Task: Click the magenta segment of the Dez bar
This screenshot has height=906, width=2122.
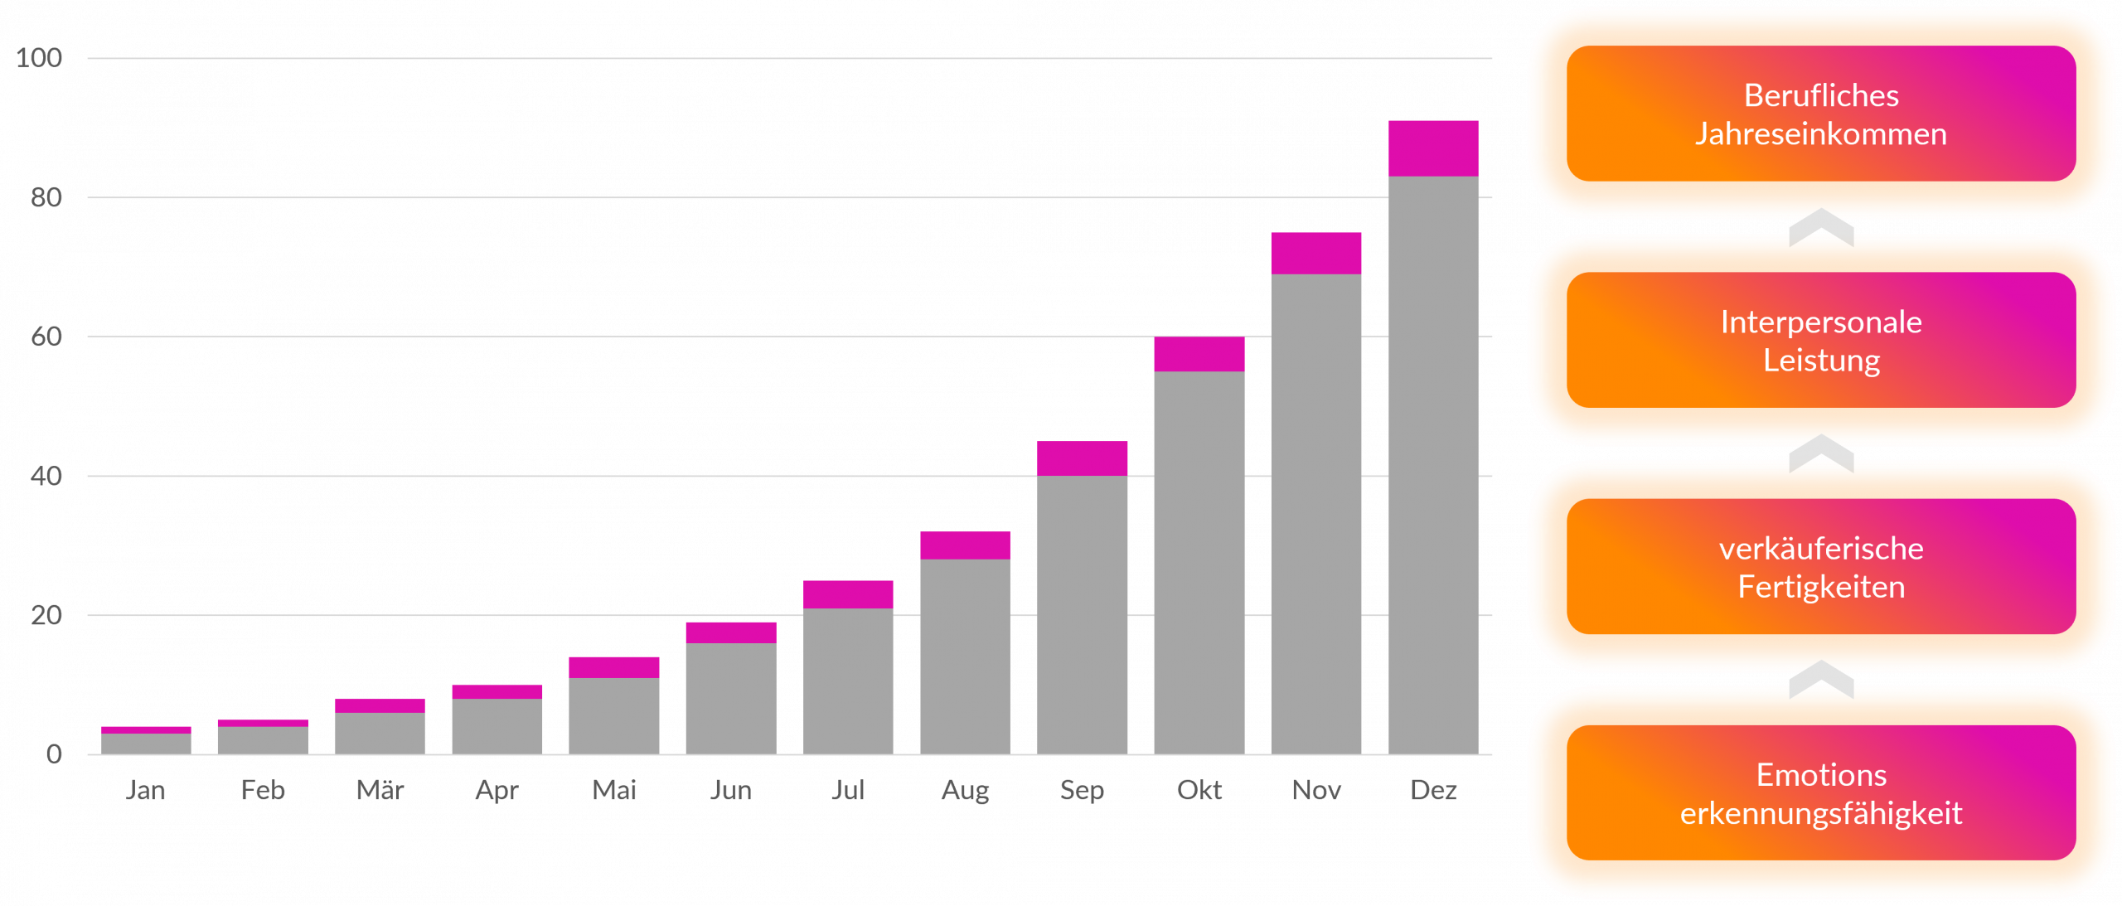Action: point(1432,148)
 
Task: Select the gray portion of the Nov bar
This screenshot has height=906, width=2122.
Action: point(1315,514)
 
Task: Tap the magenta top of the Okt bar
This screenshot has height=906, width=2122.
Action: point(1199,354)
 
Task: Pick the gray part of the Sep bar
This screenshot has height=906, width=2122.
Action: point(1082,614)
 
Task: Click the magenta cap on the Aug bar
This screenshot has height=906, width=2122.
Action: point(965,545)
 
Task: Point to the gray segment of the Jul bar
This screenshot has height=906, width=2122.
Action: point(848,681)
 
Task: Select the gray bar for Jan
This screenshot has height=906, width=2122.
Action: point(146,744)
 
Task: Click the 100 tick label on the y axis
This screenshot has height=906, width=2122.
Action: point(39,58)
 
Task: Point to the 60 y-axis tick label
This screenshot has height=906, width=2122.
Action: point(46,337)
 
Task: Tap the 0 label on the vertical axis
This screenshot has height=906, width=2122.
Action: point(54,754)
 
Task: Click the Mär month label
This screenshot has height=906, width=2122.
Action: point(380,790)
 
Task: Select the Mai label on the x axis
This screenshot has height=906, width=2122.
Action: point(614,790)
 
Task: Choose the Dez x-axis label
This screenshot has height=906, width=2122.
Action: point(1433,790)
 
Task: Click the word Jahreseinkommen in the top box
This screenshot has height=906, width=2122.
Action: point(1820,134)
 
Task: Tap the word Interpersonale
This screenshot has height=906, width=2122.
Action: point(1820,322)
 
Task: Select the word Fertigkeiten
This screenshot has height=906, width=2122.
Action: point(1820,587)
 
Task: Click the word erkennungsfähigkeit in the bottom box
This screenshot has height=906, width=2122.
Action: point(1820,813)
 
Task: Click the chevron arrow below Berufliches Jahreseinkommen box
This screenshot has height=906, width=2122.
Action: point(1820,227)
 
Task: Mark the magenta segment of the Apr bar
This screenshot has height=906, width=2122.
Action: point(497,691)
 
